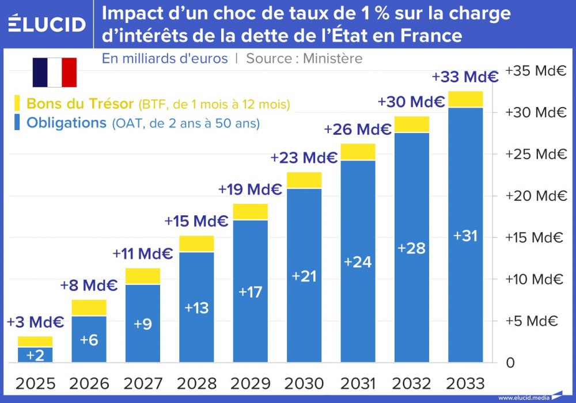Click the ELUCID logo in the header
tap(47, 24)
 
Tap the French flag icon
tap(55, 72)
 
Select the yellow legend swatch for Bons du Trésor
tap(16, 104)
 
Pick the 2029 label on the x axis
tap(250, 383)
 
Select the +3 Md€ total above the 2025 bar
tap(35, 322)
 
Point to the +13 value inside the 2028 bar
tap(196, 308)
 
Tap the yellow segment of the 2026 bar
tap(89, 307)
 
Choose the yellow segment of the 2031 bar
tap(358, 151)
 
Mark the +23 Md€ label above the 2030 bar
tap(304, 158)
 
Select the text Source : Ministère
tap(304, 58)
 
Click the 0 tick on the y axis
tap(510, 363)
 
